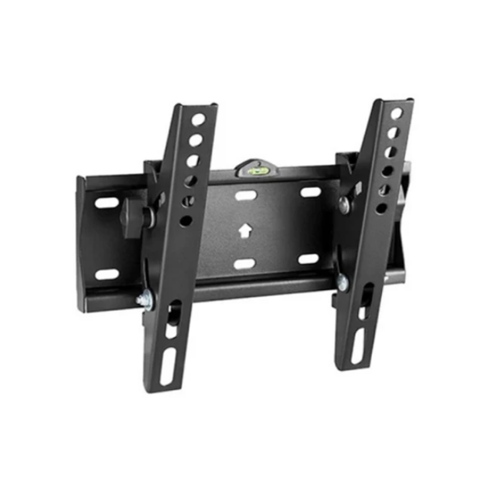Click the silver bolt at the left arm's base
145,301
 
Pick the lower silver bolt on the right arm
341,283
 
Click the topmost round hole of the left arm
198,119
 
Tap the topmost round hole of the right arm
397,112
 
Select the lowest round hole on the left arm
185,221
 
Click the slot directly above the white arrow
246,196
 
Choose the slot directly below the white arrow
245,264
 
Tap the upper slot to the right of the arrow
310,192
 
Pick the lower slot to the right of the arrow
308,259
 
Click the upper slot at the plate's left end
107,203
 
